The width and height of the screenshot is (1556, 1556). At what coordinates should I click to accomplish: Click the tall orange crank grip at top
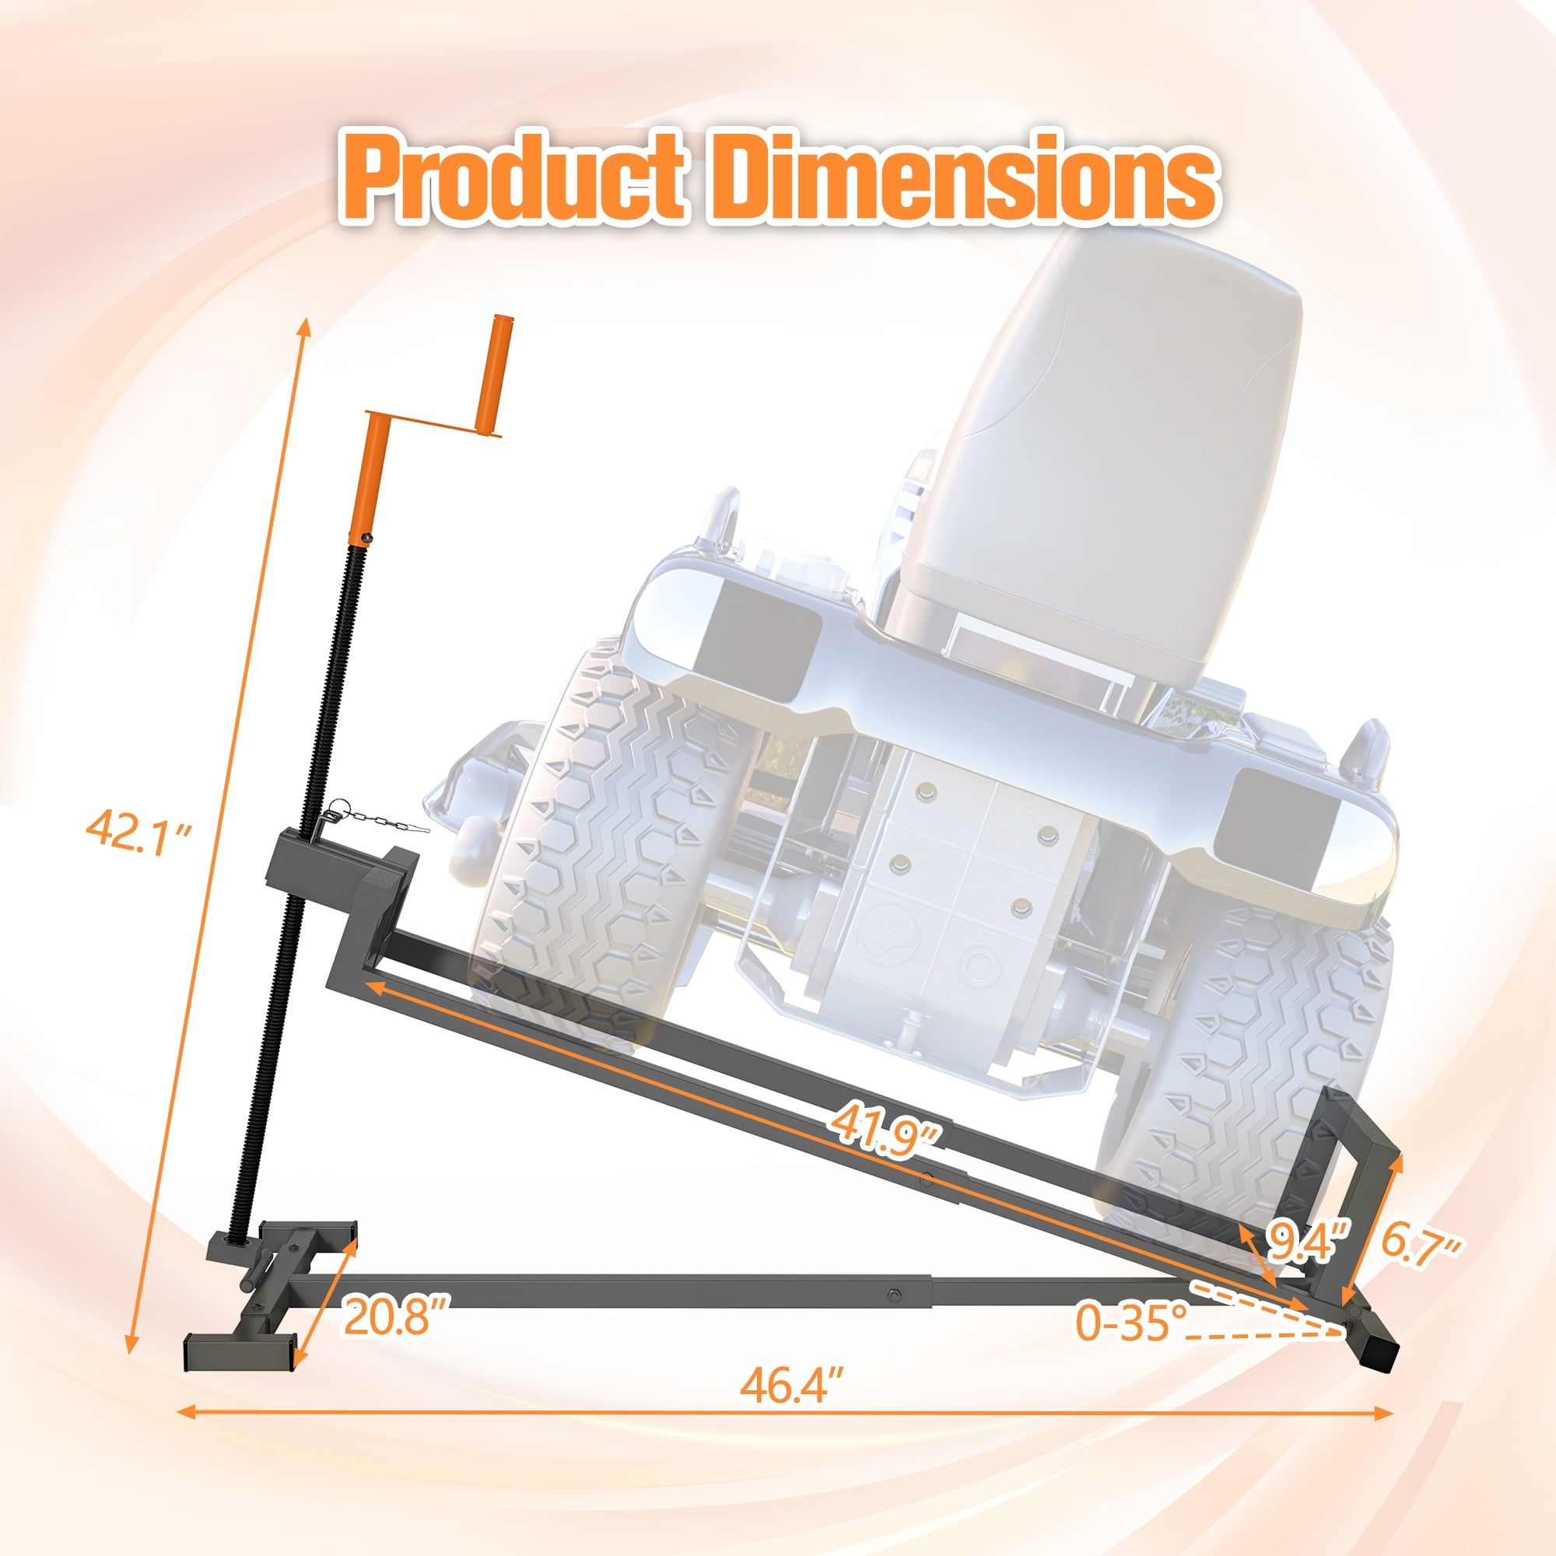(x=494, y=375)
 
